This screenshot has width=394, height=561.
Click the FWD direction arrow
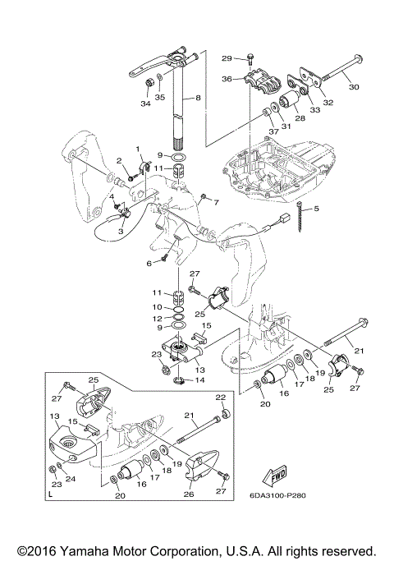275,476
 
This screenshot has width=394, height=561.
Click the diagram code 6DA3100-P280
277,495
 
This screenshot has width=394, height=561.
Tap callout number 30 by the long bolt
354,86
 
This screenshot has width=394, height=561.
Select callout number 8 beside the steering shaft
198,97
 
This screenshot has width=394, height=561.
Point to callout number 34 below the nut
145,103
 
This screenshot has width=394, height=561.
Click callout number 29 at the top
227,58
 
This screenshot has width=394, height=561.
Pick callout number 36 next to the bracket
227,79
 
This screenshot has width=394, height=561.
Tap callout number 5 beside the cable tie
316,209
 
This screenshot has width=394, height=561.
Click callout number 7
216,203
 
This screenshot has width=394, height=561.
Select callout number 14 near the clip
199,379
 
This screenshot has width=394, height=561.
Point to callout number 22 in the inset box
221,398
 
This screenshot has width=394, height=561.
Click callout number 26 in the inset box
189,494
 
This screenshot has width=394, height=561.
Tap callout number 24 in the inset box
71,478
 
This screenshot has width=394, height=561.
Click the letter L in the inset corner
50,495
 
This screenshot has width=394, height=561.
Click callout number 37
273,131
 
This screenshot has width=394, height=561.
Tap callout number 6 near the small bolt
149,264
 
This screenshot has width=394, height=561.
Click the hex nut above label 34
149,83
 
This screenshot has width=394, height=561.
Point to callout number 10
158,307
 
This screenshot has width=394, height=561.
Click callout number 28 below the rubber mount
300,117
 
